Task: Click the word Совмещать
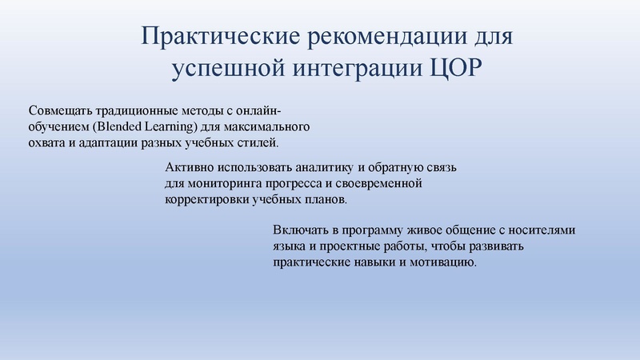point(61,111)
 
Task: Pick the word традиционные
point(141,111)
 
